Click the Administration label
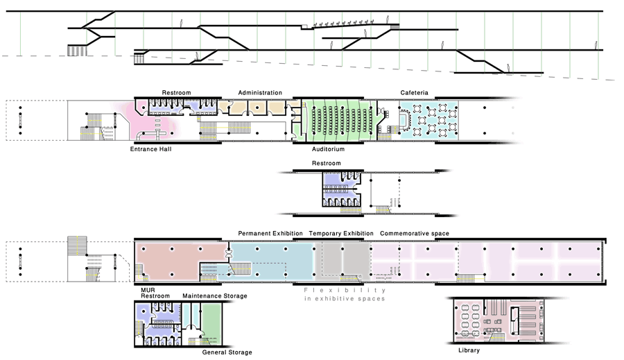point(260,92)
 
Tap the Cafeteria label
point(414,92)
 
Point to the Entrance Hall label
point(150,148)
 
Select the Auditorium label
point(328,148)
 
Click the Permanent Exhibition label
point(270,233)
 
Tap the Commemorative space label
point(414,233)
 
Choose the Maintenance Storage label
point(215,296)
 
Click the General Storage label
point(227,352)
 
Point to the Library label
point(469,350)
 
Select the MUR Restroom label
point(155,293)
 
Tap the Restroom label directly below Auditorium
point(327,164)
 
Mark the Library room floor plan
point(496,320)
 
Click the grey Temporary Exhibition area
point(343,260)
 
